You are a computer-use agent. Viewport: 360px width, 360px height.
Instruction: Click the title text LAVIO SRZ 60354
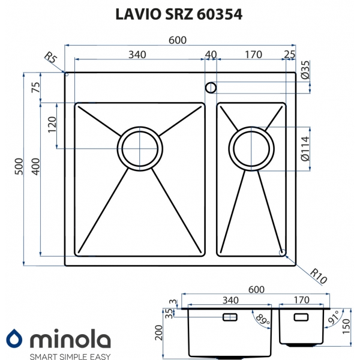coord(179,14)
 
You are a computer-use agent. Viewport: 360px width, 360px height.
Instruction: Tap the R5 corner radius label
coord(50,58)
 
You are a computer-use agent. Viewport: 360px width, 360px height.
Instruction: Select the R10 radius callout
coord(318,276)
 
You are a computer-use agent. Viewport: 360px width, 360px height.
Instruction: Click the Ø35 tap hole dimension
coord(305,70)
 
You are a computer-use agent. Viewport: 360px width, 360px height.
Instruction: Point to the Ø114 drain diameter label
coord(305,149)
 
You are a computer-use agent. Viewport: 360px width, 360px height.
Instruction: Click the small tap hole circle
coord(211,88)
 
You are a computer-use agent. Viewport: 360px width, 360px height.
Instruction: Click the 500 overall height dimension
coord(19,166)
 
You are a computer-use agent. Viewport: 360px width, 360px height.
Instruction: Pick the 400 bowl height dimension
coord(35,166)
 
